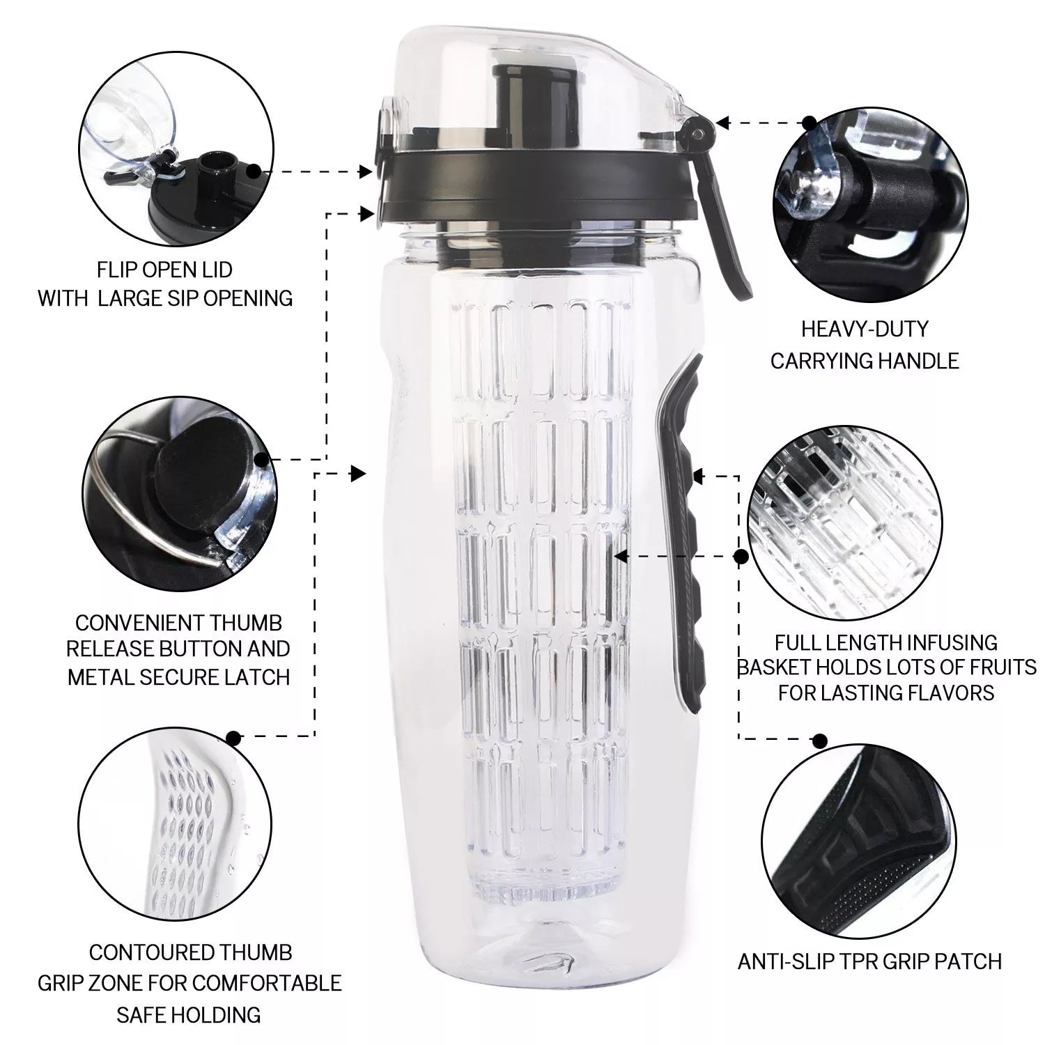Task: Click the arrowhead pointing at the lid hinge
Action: click(722, 123)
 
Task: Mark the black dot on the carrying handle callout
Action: click(810, 123)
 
